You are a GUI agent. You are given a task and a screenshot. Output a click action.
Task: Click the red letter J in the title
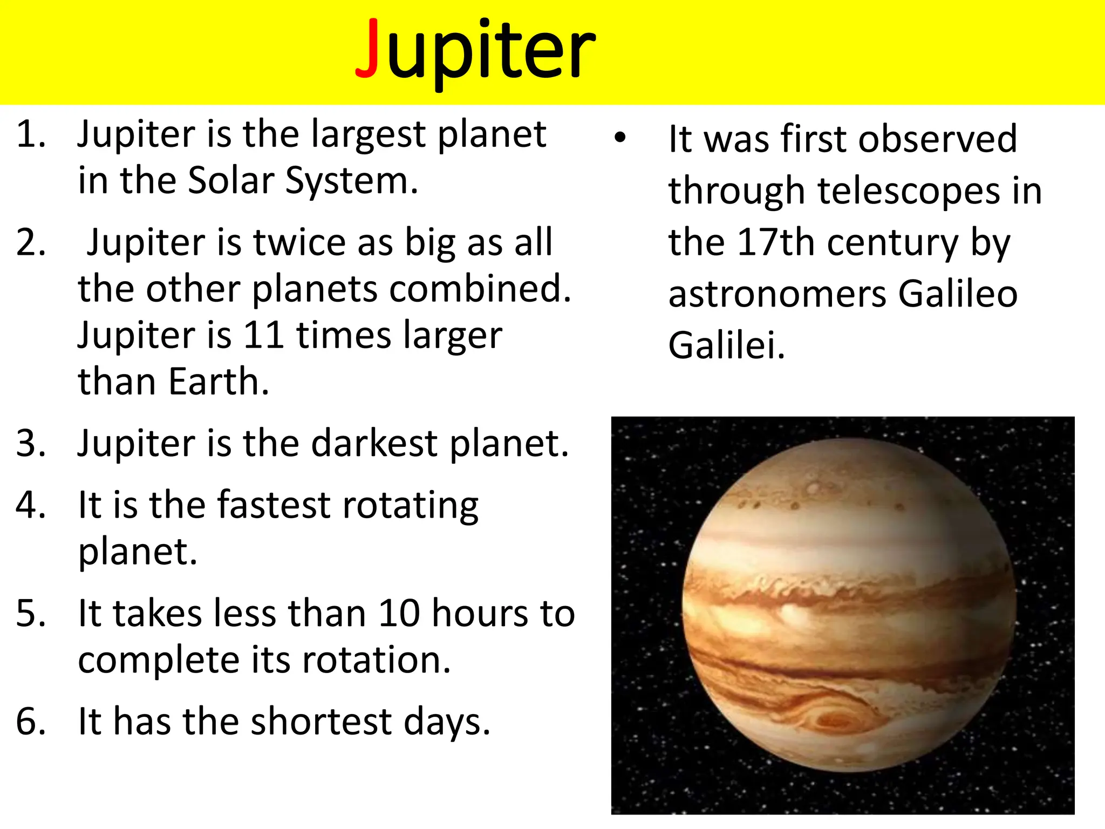[x=369, y=50]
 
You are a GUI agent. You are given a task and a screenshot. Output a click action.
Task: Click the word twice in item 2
[x=299, y=242]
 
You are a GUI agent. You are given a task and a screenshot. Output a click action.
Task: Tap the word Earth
[x=218, y=382]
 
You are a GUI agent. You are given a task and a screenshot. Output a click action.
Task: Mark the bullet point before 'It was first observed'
[x=620, y=138]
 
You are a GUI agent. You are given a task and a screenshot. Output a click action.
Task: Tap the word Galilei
[x=726, y=345]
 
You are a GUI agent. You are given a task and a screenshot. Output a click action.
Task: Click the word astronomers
[x=777, y=294]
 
